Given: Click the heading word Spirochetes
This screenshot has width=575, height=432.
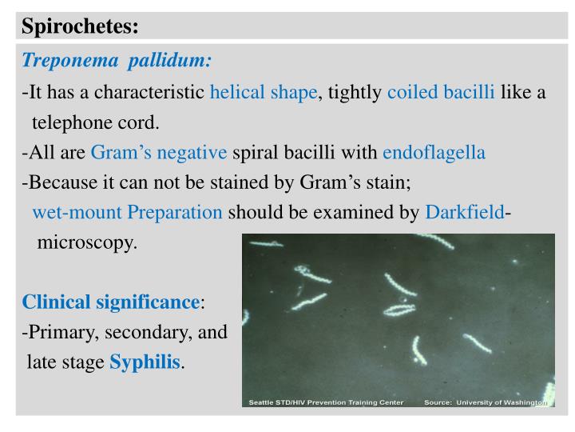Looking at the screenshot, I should (80, 26).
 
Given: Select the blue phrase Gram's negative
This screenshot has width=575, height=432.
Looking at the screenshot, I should (159, 153).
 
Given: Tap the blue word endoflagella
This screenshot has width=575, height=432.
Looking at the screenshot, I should (434, 153).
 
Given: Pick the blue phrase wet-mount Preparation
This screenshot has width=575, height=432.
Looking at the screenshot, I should (128, 213).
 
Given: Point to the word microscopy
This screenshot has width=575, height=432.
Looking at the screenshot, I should (87, 242).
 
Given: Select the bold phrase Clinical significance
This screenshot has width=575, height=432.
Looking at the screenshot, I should (110, 302).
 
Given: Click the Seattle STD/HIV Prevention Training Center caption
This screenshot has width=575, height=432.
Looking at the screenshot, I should (326, 402).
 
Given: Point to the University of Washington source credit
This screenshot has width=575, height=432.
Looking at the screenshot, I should (486, 402).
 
